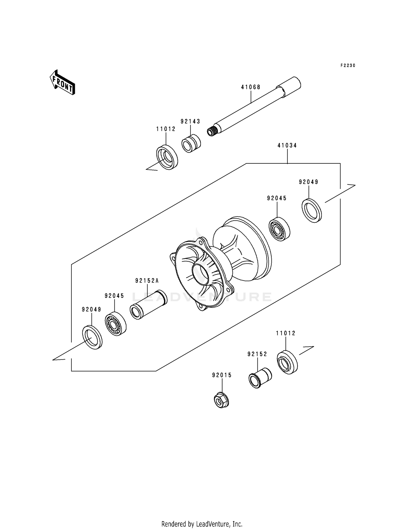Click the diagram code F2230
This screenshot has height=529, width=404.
(348, 66)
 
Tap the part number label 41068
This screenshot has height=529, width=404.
(250, 87)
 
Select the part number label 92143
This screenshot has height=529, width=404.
(190, 122)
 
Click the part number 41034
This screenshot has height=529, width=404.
(287, 146)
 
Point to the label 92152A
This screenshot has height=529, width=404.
(147, 281)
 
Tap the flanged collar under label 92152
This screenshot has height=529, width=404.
(259, 377)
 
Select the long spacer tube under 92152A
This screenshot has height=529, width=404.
(148, 305)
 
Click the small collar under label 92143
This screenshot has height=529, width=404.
(191, 143)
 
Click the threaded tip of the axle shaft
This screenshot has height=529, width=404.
(212, 131)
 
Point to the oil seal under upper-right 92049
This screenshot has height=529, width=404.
(312, 211)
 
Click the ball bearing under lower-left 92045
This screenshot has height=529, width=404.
(116, 324)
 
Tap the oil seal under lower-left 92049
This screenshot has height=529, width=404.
(92, 337)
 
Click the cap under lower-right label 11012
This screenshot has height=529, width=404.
(287, 362)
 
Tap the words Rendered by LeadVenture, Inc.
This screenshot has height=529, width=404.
(202, 524)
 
